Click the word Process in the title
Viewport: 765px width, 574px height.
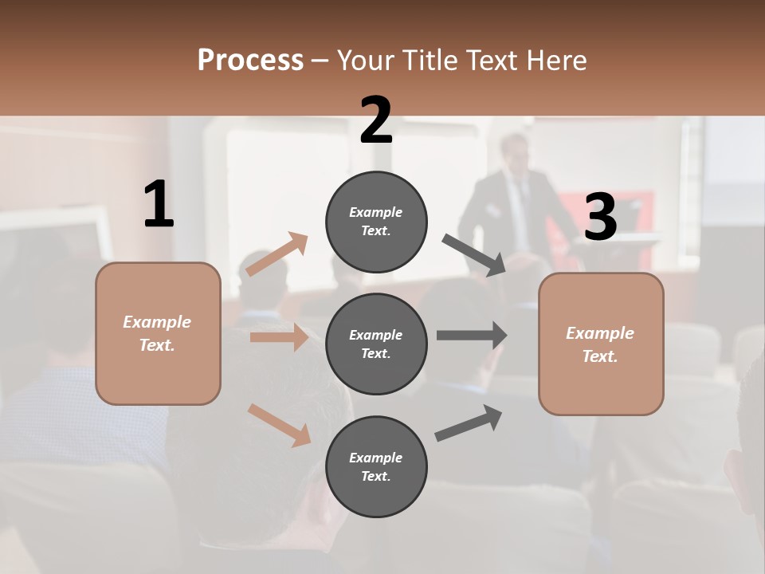(250, 60)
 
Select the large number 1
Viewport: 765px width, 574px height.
(158, 205)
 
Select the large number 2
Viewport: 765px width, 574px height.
(376, 120)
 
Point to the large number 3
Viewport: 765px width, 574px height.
(600, 217)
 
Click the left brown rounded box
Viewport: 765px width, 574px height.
(158, 333)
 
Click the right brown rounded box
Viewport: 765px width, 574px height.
(601, 344)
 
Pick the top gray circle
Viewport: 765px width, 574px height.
(376, 222)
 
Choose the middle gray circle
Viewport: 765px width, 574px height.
(376, 344)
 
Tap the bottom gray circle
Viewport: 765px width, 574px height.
(376, 466)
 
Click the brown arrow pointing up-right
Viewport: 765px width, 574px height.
(277, 254)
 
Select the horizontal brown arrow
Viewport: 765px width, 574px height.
(279, 337)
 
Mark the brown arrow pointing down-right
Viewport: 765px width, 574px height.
(279, 425)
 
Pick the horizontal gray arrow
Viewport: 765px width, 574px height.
(472, 336)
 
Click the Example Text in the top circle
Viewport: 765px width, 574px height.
(376, 222)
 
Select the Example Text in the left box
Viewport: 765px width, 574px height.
(157, 333)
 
